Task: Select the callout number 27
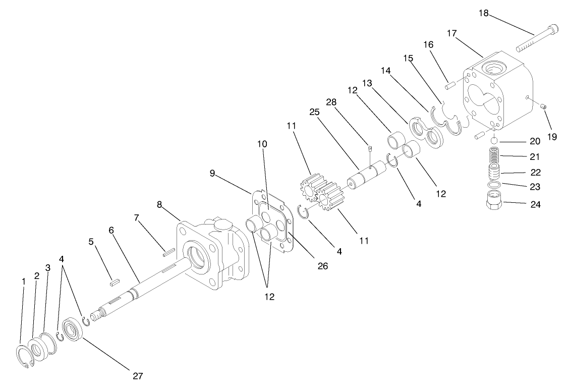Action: [138, 375]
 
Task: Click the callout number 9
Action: [212, 173]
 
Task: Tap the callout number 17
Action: [451, 33]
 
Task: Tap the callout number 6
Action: [111, 230]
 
